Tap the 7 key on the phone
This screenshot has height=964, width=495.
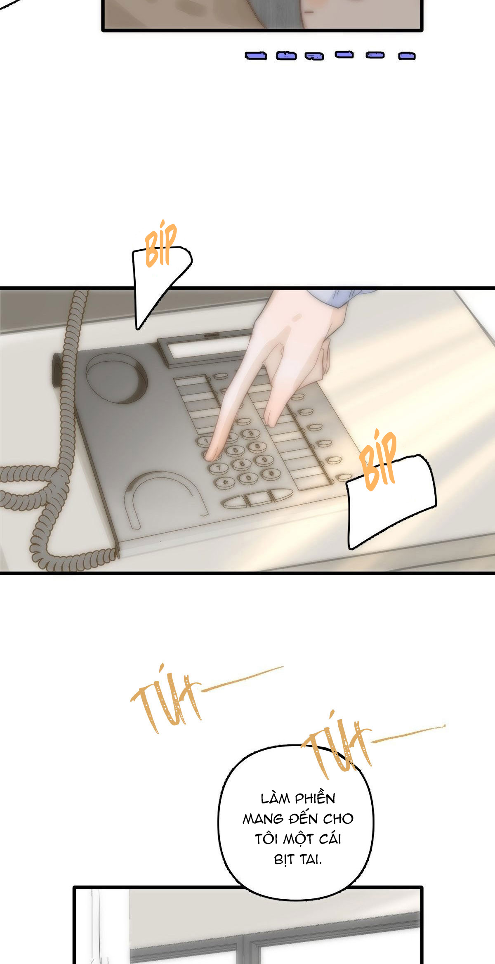point(217,468)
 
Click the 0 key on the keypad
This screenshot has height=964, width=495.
point(249,478)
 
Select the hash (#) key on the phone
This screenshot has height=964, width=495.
point(271,473)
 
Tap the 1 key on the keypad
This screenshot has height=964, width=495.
point(205,441)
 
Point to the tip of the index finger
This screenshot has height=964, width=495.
point(210,457)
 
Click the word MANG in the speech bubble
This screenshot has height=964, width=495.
point(263,819)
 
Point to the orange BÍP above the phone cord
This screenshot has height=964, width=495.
point(160,243)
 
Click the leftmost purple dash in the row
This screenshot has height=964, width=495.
point(256,56)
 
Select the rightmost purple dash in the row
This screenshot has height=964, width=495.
point(407,56)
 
